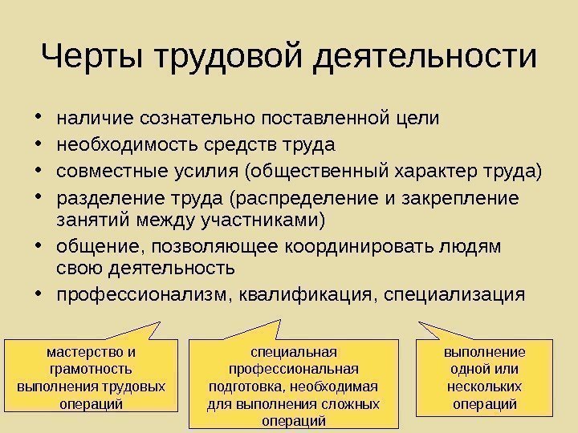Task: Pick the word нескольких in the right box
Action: point(484,386)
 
